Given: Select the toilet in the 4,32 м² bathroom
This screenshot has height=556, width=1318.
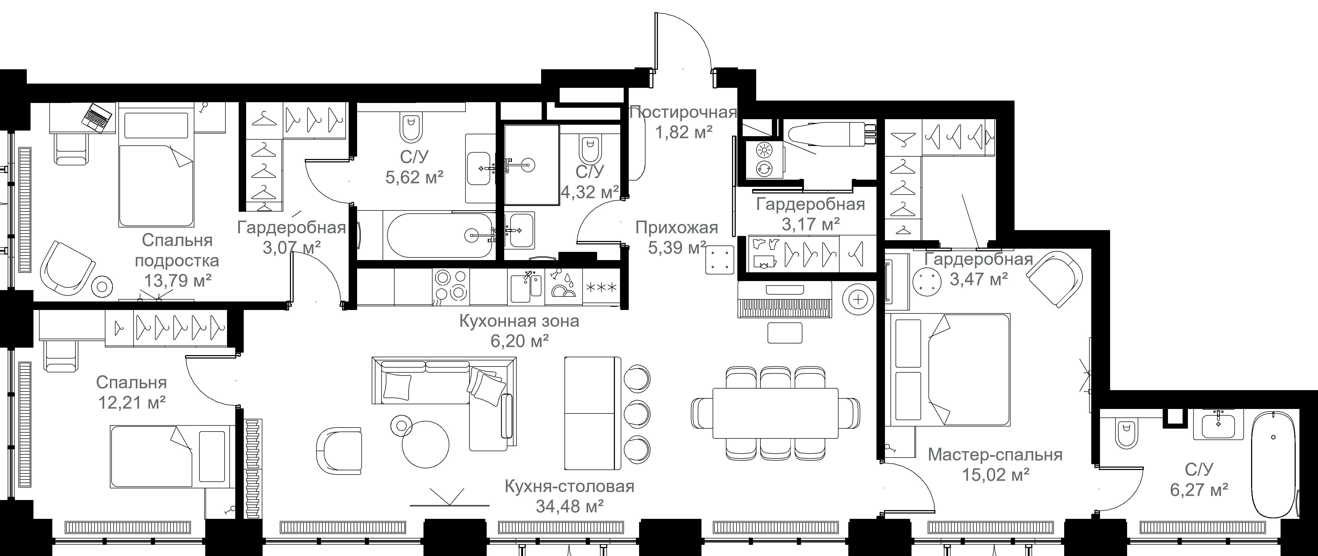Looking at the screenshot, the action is pyautogui.click(x=590, y=148).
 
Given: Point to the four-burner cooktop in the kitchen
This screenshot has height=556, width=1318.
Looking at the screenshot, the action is pyautogui.click(x=451, y=286).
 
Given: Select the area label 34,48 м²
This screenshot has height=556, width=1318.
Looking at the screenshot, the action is pyautogui.click(x=570, y=506).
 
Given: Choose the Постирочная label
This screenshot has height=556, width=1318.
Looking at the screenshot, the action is pyautogui.click(x=683, y=112).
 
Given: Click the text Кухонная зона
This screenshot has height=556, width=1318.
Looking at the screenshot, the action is pyautogui.click(x=519, y=321).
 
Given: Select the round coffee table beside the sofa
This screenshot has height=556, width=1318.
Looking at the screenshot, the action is pyautogui.click(x=425, y=443).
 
